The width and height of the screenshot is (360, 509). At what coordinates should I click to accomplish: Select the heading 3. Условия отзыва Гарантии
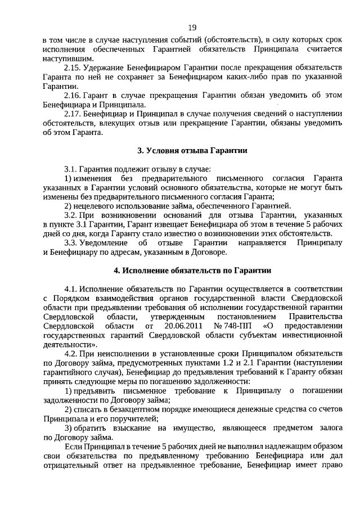click(192, 151)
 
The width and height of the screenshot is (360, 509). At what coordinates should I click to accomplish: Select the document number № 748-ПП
click(233, 326)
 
